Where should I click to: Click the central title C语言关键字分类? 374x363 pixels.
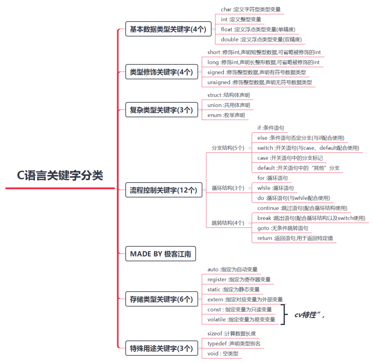[x=60, y=175]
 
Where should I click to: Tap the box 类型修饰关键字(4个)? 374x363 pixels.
[x=161, y=72]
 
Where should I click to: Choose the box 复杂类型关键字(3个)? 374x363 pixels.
[x=161, y=110]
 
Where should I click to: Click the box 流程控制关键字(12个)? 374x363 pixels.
[x=163, y=190]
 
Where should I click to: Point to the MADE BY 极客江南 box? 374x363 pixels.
[x=161, y=254]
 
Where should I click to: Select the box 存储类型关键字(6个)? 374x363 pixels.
[x=161, y=299]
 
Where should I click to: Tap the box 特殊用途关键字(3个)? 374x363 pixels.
[x=161, y=348]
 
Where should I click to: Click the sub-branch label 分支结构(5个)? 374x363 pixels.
[x=228, y=148]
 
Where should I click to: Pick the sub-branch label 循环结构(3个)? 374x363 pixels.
[x=228, y=188]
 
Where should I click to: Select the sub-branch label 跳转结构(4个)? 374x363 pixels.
[x=228, y=223]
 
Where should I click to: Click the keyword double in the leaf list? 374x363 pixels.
[x=230, y=39]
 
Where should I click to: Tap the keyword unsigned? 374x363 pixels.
[x=219, y=82]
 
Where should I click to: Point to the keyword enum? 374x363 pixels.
[x=214, y=115]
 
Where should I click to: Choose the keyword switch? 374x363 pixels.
[x=265, y=148]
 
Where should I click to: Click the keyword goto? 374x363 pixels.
[x=263, y=228]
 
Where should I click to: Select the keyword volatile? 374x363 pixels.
[x=216, y=319]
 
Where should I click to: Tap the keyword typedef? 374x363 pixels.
[x=217, y=344]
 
